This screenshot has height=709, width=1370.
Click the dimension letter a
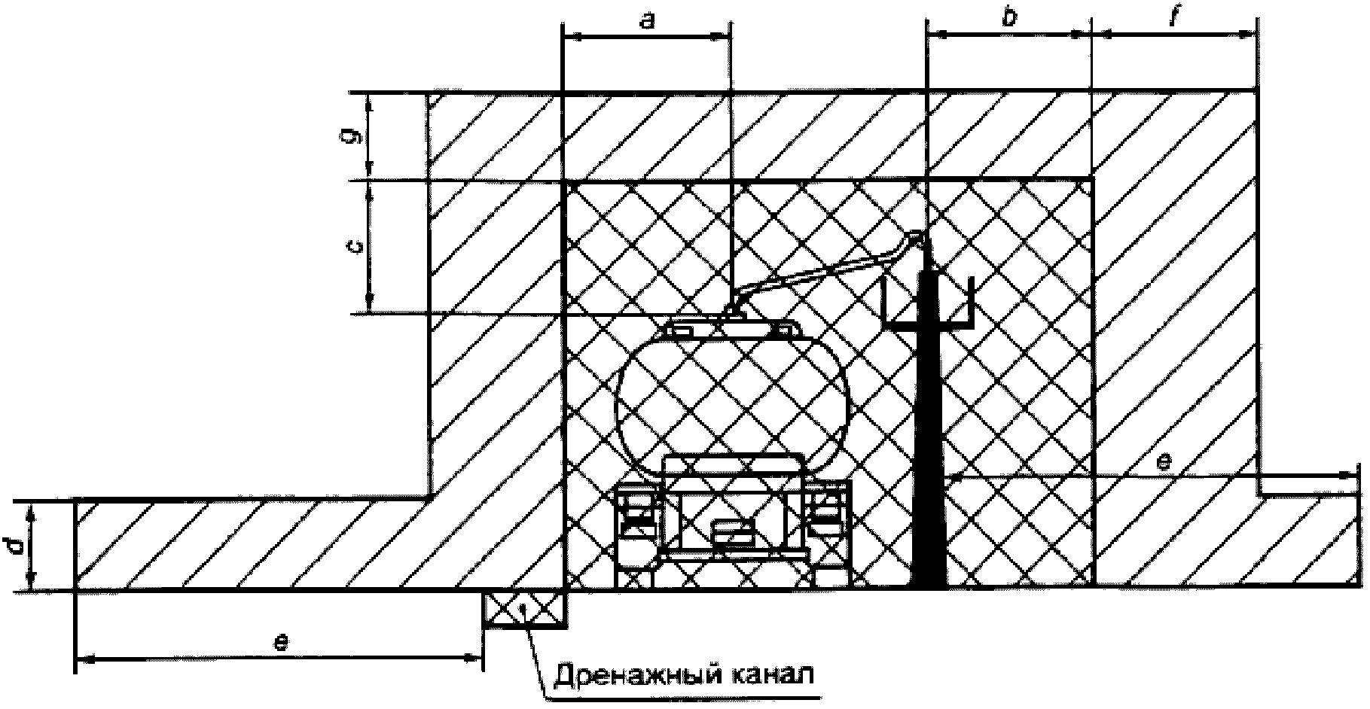point(646,22)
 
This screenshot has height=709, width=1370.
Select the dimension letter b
point(1009,18)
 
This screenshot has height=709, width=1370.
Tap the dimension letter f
point(1173,18)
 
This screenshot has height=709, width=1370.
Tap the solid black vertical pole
point(928,452)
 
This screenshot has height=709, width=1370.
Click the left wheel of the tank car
point(636,519)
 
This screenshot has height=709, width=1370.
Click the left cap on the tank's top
point(684,330)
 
